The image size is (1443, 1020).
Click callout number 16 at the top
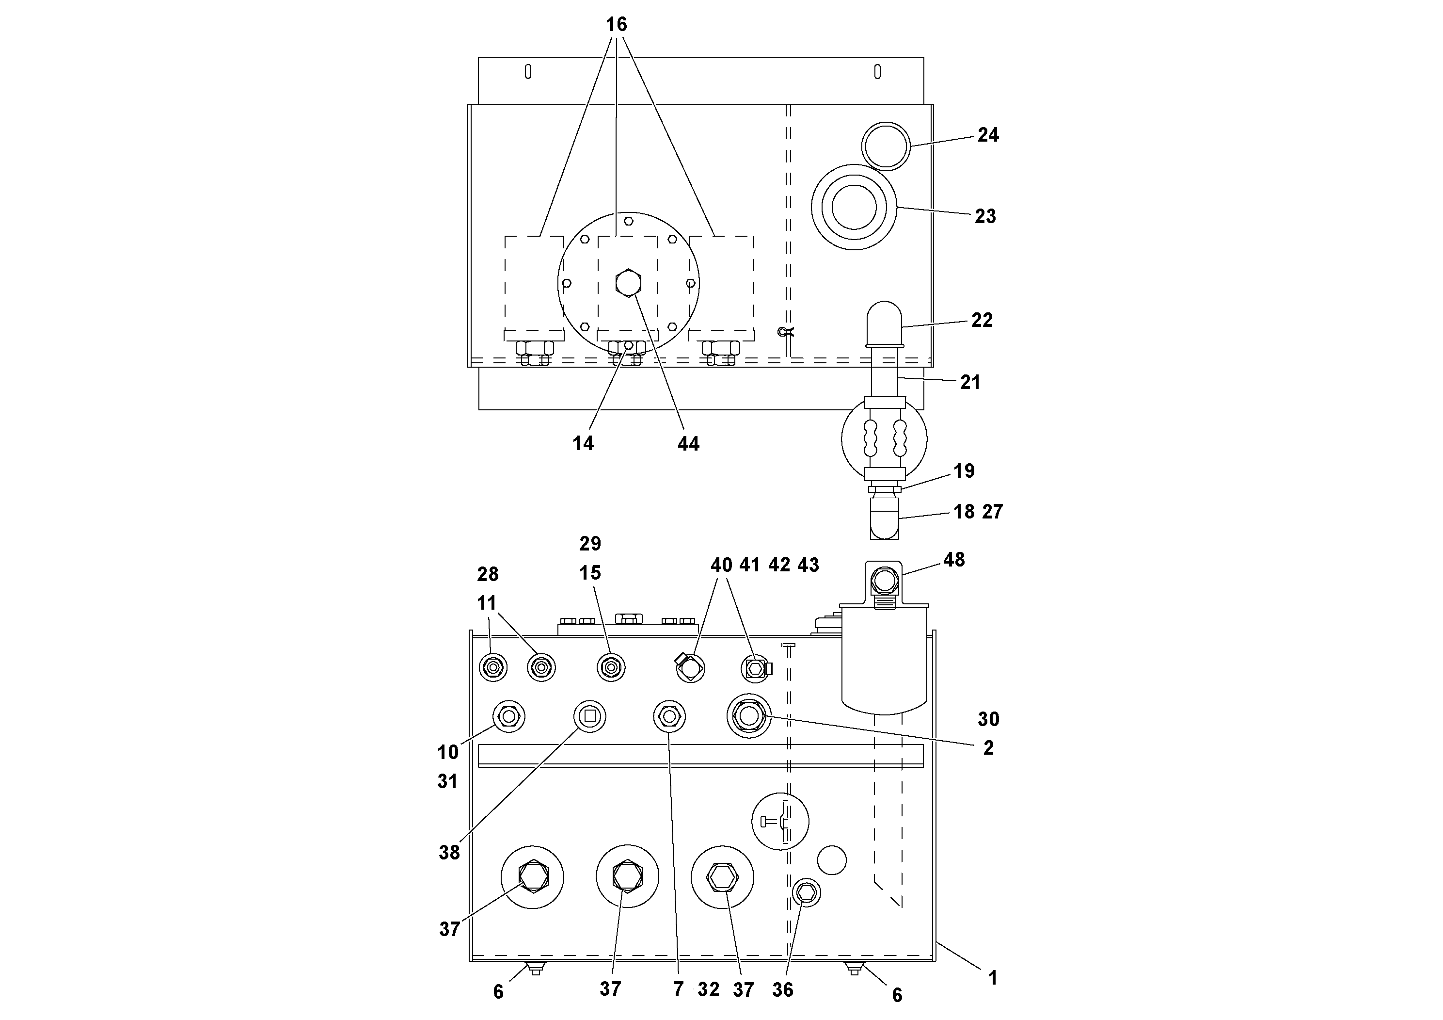pos(616,25)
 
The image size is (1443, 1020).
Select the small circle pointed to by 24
pos(886,146)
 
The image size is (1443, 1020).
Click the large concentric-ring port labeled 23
pos(854,207)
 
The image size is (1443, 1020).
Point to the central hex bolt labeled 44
pos(628,283)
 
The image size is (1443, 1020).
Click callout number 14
pos(583,443)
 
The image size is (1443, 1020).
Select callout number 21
pos(970,382)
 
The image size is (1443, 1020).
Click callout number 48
pos(953,560)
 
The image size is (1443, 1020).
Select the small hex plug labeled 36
pos(807,892)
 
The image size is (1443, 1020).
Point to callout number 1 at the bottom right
pos(992,978)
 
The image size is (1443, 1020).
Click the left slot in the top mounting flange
pos(528,72)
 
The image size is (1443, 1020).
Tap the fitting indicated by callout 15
pos(610,667)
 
